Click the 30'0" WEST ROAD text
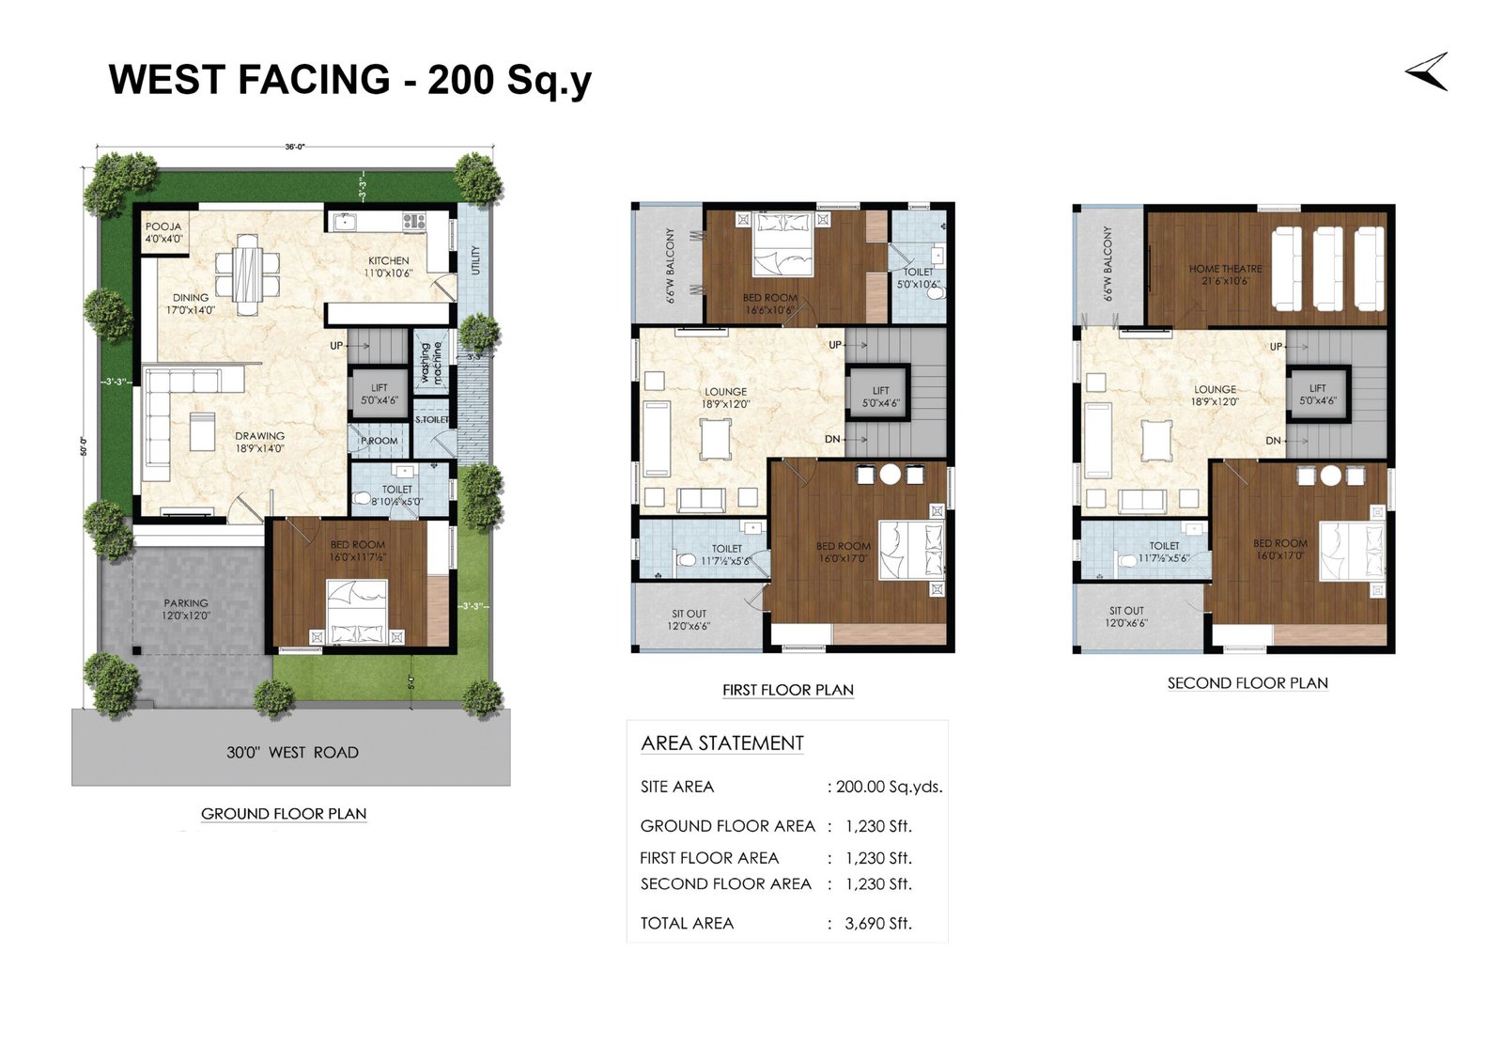coord(292,752)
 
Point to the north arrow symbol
coord(1427,72)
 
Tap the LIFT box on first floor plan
coord(880,396)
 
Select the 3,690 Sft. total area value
coord(878,923)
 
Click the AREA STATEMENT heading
coord(722,742)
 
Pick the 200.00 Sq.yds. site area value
coord(889,787)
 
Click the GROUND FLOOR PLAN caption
coord(284,814)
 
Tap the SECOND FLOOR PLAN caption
coord(1247,683)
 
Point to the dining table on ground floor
coord(248,273)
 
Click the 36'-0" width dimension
coord(295,147)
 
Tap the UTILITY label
coord(475,260)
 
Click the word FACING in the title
coord(313,80)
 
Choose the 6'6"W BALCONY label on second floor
coord(1108,263)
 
